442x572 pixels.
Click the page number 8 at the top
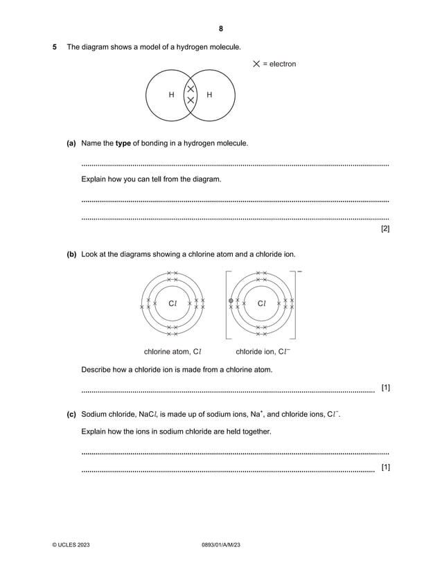pyautogui.click(x=220, y=29)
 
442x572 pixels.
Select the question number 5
pyautogui.click(x=55, y=47)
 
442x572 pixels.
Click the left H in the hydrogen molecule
pyautogui.click(x=172, y=95)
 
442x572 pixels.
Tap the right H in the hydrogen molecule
pyautogui.click(x=209, y=95)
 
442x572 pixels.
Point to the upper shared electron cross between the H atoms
pyautogui.click(x=191, y=89)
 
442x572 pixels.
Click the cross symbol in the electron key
pyautogui.click(x=256, y=64)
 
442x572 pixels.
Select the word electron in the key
pyautogui.click(x=283, y=64)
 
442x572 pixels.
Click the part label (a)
pyautogui.click(x=71, y=143)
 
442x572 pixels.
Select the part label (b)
pyautogui.click(x=71, y=254)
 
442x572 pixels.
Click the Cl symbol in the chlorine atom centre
pyautogui.click(x=173, y=303)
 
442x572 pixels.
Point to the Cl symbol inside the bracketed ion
pyautogui.click(x=261, y=303)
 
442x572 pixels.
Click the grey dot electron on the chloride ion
pyautogui.click(x=231, y=301)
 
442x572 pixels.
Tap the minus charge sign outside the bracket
pyautogui.click(x=299, y=271)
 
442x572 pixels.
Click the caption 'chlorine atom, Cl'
pyautogui.click(x=173, y=351)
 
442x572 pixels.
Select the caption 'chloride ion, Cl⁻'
pyautogui.click(x=263, y=351)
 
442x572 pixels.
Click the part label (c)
pyautogui.click(x=71, y=415)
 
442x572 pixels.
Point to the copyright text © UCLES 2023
pyautogui.click(x=71, y=546)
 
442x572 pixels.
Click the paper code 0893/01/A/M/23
pyautogui.click(x=220, y=546)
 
